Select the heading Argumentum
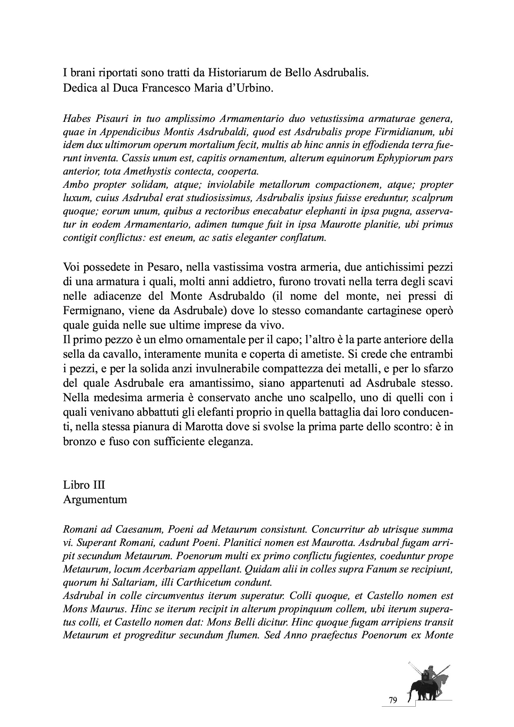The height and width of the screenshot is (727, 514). (95, 499)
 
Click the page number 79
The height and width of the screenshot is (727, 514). (393, 700)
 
